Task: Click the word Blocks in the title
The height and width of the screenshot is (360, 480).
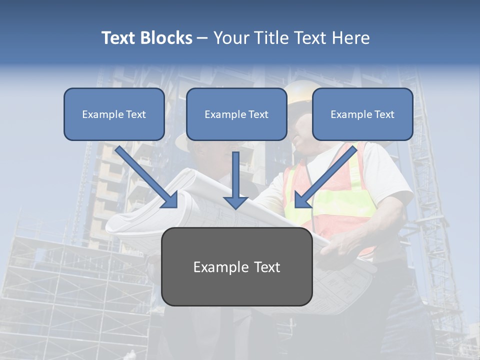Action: coord(166,38)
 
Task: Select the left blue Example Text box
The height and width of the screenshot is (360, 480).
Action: coord(114,114)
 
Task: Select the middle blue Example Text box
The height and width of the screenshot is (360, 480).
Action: coord(236,114)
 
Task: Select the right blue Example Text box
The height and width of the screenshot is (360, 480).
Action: coord(362,114)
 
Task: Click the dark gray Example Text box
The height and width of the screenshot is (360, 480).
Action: coord(236,266)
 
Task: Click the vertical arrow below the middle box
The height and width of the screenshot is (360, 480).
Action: coord(235,180)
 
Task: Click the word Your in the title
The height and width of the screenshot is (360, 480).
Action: coord(230,38)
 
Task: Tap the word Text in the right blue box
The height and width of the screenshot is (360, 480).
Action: coord(384,114)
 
